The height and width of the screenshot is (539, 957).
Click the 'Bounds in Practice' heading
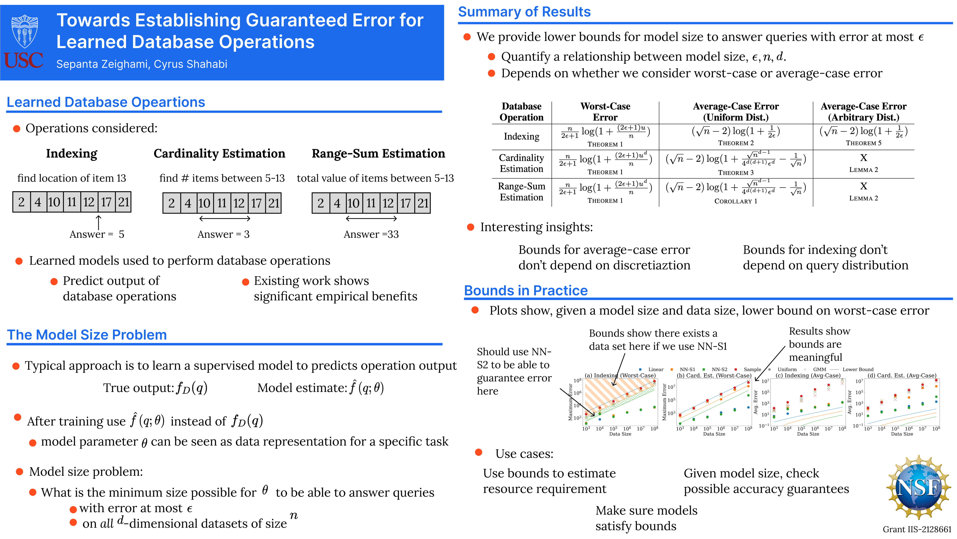pos(526,290)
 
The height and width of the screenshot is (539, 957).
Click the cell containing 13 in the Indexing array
pos(89,202)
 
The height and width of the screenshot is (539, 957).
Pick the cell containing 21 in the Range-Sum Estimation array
pos(423,203)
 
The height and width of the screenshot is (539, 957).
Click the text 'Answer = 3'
pos(223,234)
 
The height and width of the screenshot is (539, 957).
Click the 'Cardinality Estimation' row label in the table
pos(521,163)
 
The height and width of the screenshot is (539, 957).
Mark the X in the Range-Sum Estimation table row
pos(863,186)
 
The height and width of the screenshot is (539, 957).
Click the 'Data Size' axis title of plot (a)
pos(620,434)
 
